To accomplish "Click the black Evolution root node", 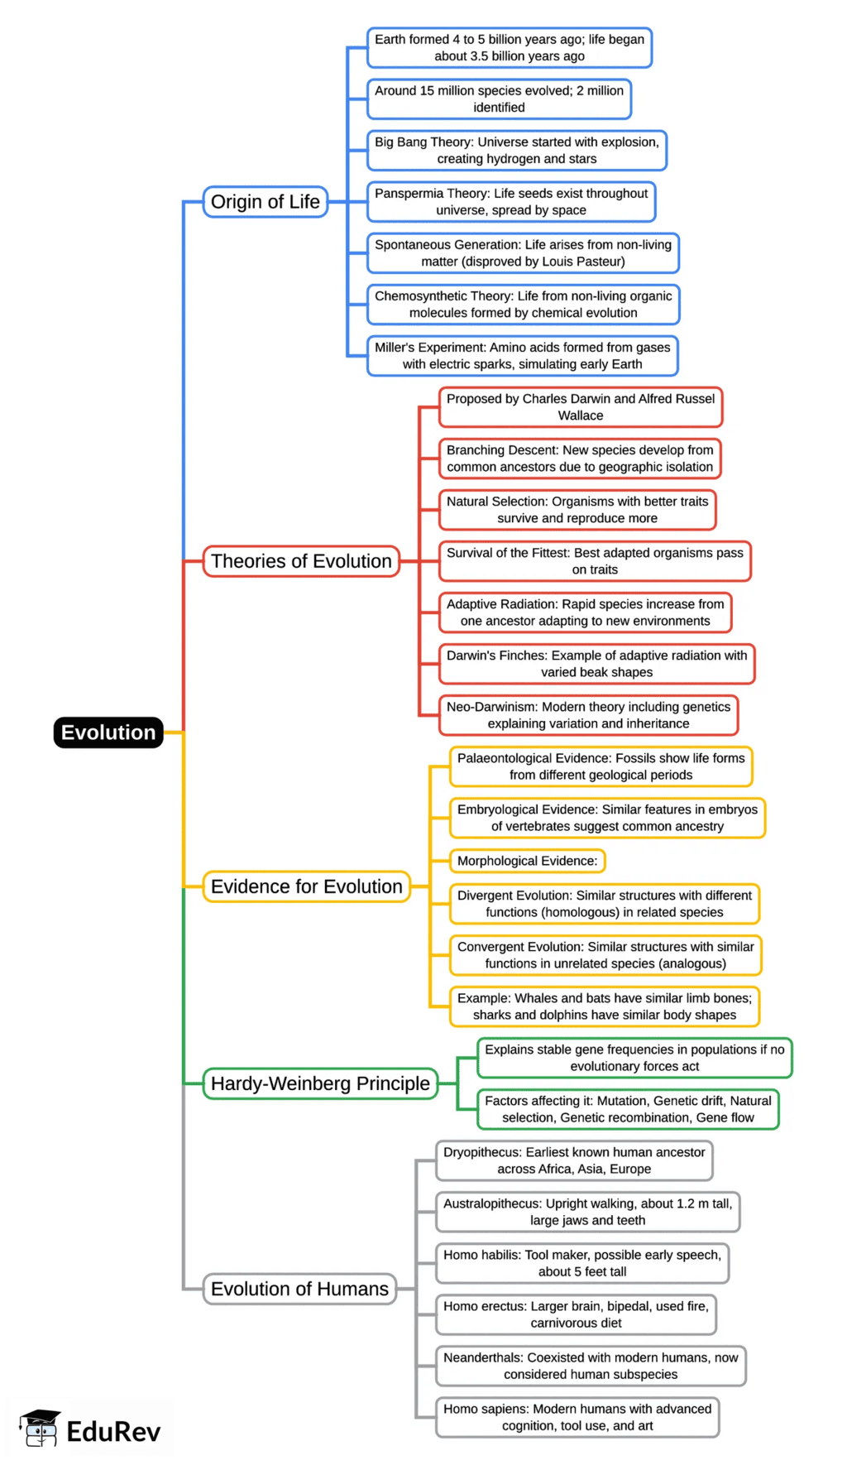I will coord(108,732).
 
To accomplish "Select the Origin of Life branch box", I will coord(266,202).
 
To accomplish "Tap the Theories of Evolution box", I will coord(301,561).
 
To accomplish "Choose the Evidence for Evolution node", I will coord(306,886).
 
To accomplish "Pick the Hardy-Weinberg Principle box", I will coord(320,1083).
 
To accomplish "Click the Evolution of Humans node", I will coord(299,1289).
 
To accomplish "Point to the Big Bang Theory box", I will coord(517,151).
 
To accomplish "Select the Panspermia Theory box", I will coord(511,202).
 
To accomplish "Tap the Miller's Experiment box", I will coord(522,356).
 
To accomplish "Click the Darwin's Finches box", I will coord(596,664).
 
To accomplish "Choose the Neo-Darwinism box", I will coord(588,715).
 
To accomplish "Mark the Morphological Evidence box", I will coord(527,861).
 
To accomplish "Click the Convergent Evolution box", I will coord(605,955).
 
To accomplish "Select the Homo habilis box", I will coord(582,1263).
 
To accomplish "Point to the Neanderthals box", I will coord(591,1366).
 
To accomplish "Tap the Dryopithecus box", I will coord(574,1160).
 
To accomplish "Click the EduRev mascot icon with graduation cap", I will coord(40,1428).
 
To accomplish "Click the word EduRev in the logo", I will coord(113,1432).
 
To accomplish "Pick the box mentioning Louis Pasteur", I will coord(523,253).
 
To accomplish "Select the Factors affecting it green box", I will coord(628,1109).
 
